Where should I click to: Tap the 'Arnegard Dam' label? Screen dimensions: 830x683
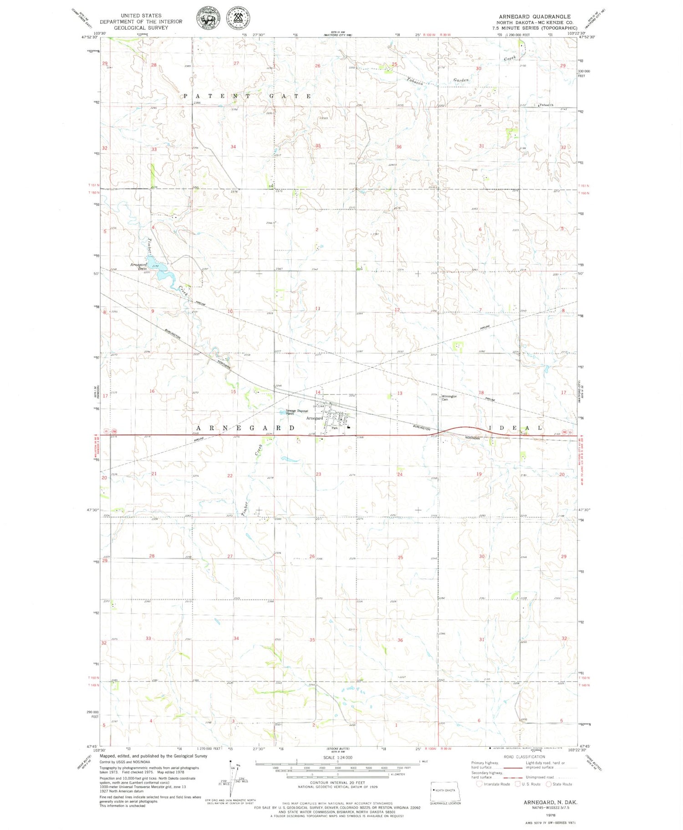coord(138,266)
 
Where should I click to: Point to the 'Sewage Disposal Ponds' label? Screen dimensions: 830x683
coord(296,412)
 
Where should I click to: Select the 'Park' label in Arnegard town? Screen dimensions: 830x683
coord(335,428)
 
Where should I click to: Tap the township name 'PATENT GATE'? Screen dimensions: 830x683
coord(248,97)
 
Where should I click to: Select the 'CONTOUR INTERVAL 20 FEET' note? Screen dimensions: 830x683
coord(337,783)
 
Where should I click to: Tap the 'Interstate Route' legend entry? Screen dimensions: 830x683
coord(496,784)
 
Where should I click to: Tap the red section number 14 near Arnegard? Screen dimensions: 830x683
coord(318,392)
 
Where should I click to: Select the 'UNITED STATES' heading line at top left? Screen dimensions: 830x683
coord(141,15)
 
